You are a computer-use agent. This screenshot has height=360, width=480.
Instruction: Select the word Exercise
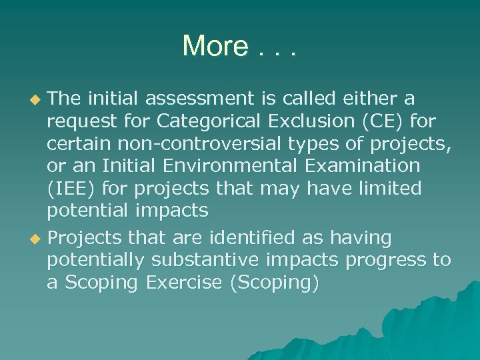point(179,283)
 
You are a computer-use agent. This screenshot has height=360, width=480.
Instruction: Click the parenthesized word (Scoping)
point(274,283)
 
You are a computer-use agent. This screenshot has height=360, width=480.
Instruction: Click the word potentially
point(95,261)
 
